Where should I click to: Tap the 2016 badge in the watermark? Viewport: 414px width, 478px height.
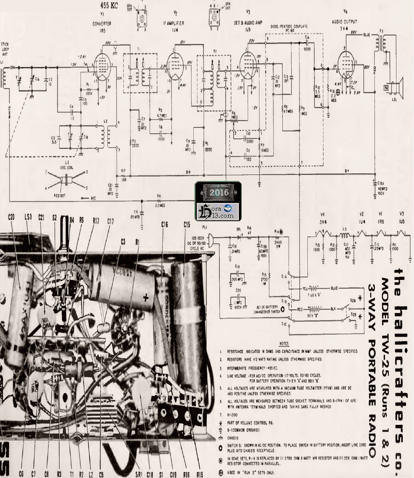(x=218, y=192)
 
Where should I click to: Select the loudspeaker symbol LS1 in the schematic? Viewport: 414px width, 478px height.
(x=396, y=88)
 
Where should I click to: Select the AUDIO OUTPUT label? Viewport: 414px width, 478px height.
(x=344, y=21)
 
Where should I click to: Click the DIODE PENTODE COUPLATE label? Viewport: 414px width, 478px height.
(x=289, y=27)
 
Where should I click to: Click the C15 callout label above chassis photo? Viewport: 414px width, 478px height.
(x=187, y=225)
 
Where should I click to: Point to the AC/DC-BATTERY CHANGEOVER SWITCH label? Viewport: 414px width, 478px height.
(x=263, y=310)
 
